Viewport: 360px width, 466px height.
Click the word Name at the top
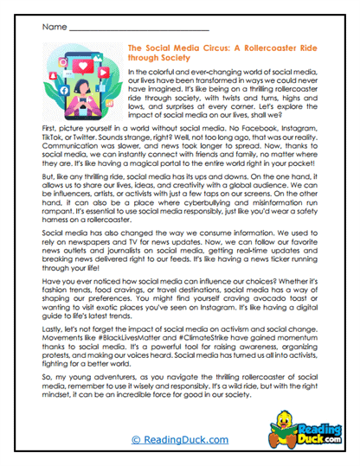click(x=49, y=28)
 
